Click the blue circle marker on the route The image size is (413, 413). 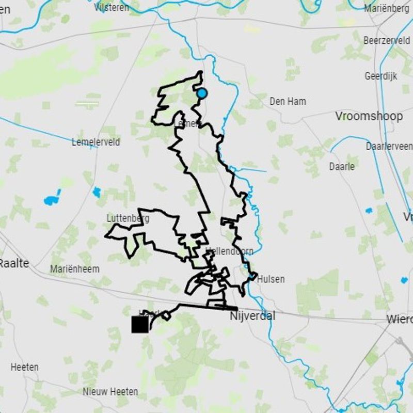click(x=202, y=93)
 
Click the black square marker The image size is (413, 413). click(x=140, y=324)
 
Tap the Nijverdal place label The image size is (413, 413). click(x=252, y=316)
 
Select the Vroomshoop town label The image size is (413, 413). click(x=369, y=116)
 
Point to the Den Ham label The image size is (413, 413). click(x=288, y=102)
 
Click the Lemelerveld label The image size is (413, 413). click(x=96, y=142)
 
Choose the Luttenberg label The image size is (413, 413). click(x=128, y=218)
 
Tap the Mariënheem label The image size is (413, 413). click(x=75, y=269)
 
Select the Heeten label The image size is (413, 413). click(x=24, y=367)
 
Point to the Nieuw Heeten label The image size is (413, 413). click(x=110, y=392)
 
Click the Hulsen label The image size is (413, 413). click(x=271, y=279)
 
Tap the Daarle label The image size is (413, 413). click(x=342, y=166)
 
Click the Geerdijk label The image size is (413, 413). click(x=381, y=76)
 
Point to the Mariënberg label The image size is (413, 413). click(x=387, y=8)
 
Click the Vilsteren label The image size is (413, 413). click(x=112, y=7)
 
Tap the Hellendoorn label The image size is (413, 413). click(x=229, y=251)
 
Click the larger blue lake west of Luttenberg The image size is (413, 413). click(x=52, y=199)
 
